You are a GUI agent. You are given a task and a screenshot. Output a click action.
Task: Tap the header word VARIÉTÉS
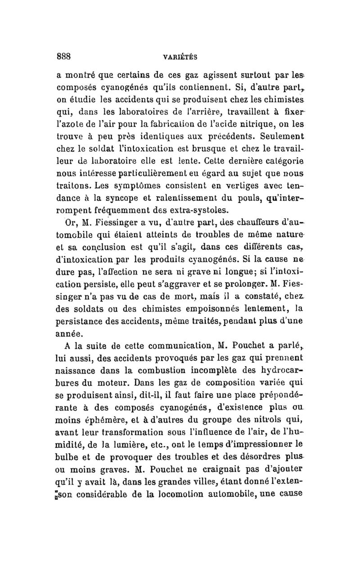181,58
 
